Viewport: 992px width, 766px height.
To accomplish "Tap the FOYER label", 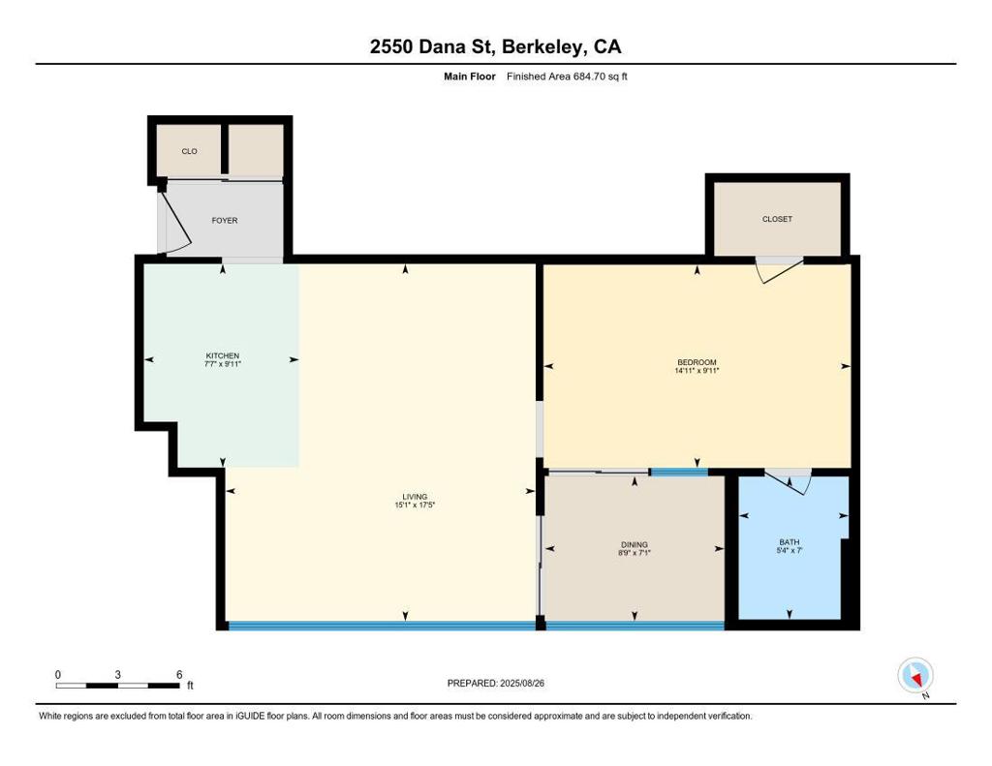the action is click(x=225, y=220).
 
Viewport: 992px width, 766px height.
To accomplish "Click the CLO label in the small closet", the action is click(x=189, y=151).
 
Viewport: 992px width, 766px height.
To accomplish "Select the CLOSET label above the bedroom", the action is click(x=777, y=219).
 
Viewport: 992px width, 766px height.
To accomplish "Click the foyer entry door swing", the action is click(x=177, y=222).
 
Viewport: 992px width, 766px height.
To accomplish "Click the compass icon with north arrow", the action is click(x=915, y=676).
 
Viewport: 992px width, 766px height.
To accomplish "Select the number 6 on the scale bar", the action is click(x=179, y=675).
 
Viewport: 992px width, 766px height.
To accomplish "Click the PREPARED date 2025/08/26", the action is click(x=522, y=683).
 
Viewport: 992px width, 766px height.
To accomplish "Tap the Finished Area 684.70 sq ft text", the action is click(x=567, y=77).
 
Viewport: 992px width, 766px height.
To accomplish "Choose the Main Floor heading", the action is click(x=470, y=77).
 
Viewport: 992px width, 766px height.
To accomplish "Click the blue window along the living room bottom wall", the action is click(x=382, y=626).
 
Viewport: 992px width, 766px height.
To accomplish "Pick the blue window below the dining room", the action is click(x=635, y=626).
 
